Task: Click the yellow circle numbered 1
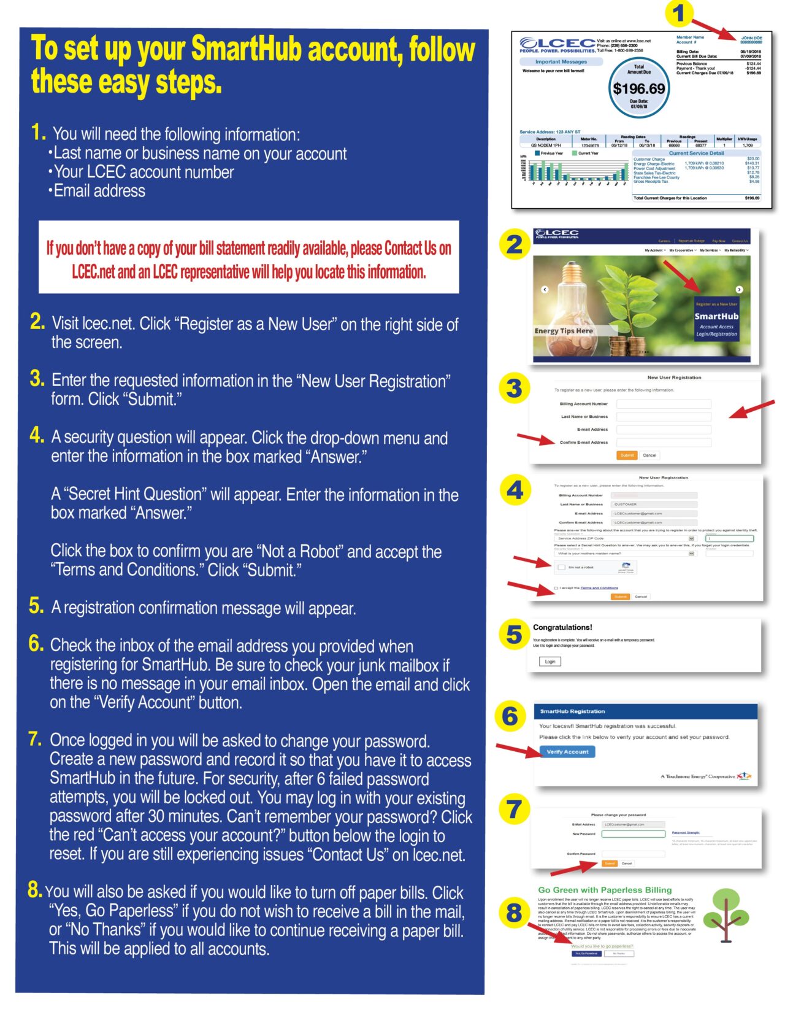coord(678,14)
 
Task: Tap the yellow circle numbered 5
coord(513,635)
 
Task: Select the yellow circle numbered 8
coord(514,912)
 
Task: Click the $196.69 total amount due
coord(638,88)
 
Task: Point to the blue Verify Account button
coord(567,751)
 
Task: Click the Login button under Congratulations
coord(549,661)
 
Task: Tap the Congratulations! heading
coord(562,627)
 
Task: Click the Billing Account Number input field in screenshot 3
coord(664,404)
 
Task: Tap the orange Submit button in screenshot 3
coord(627,455)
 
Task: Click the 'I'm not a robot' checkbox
coord(561,567)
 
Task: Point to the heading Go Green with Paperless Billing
coord(605,890)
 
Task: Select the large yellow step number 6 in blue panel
coord(36,643)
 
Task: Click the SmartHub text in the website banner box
coord(716,316)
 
